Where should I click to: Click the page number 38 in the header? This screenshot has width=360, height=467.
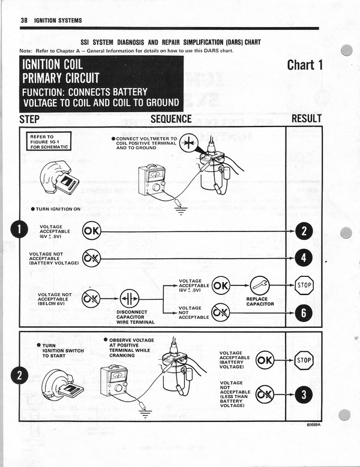click(x=24, y=20)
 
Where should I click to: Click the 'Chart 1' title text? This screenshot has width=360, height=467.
click(x=305, y=65)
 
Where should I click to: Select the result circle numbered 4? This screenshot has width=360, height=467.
click(x=304, y=258)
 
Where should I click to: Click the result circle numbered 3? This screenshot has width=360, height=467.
click(x=304, y=395)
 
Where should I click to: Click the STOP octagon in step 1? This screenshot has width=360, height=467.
click(x=304, y=285)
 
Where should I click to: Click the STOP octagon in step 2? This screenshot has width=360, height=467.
click(x=304, y=361)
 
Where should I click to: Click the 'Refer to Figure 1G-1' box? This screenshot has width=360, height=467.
click(x=50, y=141)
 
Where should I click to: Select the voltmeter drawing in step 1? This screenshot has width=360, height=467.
click(x=151, y=183)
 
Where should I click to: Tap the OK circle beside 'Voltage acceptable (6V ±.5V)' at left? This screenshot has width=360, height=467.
click(x=92, y=231)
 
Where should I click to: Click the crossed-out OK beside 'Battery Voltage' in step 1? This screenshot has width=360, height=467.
click(x=92, y=258)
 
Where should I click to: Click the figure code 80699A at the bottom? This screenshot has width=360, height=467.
click(x=311, y=427)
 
